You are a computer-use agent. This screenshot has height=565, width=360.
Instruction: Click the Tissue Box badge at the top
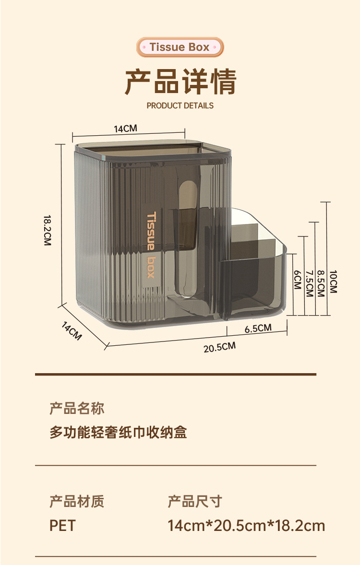pos(180,47)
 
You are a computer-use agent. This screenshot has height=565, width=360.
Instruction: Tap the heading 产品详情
pos(180,82)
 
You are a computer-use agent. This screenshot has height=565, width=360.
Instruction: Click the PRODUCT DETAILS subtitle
pos(180,106)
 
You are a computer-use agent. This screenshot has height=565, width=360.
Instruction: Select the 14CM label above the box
pos(125,129)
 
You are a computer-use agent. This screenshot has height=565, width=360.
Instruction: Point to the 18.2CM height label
pos(47,230)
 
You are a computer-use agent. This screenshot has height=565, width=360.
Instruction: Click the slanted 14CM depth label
pos(72,331)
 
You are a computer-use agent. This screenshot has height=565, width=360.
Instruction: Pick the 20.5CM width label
pos(219,347)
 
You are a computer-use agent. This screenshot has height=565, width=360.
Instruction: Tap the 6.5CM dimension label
pos(258,329)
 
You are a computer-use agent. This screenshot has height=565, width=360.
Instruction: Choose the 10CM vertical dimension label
pos(333,282)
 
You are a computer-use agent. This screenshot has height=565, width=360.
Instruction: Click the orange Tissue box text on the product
pos(151,245)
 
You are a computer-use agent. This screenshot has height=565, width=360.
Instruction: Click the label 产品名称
pos(77,409)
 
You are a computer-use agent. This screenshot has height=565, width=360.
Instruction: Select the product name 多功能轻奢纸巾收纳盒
pos(118,433)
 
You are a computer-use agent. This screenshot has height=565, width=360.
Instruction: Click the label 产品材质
pos(77,502)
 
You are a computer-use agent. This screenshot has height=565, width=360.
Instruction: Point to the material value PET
pos(62,526)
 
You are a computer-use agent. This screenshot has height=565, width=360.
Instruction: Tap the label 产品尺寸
pos(195,502)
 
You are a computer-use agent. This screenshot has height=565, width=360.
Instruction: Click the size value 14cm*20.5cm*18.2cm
pos(246,526)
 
